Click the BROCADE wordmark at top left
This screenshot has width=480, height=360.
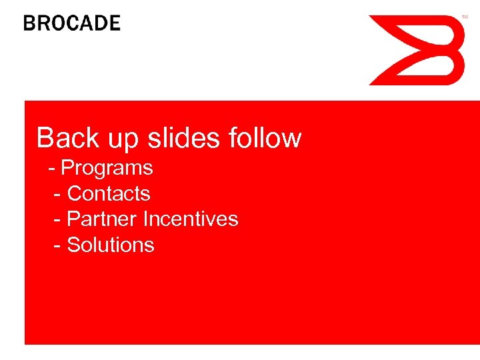72,23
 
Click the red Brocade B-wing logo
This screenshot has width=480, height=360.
417,51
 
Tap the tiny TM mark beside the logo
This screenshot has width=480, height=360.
465,17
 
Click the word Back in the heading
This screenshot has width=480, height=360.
63,138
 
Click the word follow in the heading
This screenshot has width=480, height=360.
265,138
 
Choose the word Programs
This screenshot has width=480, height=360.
107,169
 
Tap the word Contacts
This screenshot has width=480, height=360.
109,193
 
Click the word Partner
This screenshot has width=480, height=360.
102,219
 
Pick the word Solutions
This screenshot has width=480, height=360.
111,245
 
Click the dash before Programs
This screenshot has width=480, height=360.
52,169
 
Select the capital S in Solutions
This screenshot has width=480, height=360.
73,245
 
